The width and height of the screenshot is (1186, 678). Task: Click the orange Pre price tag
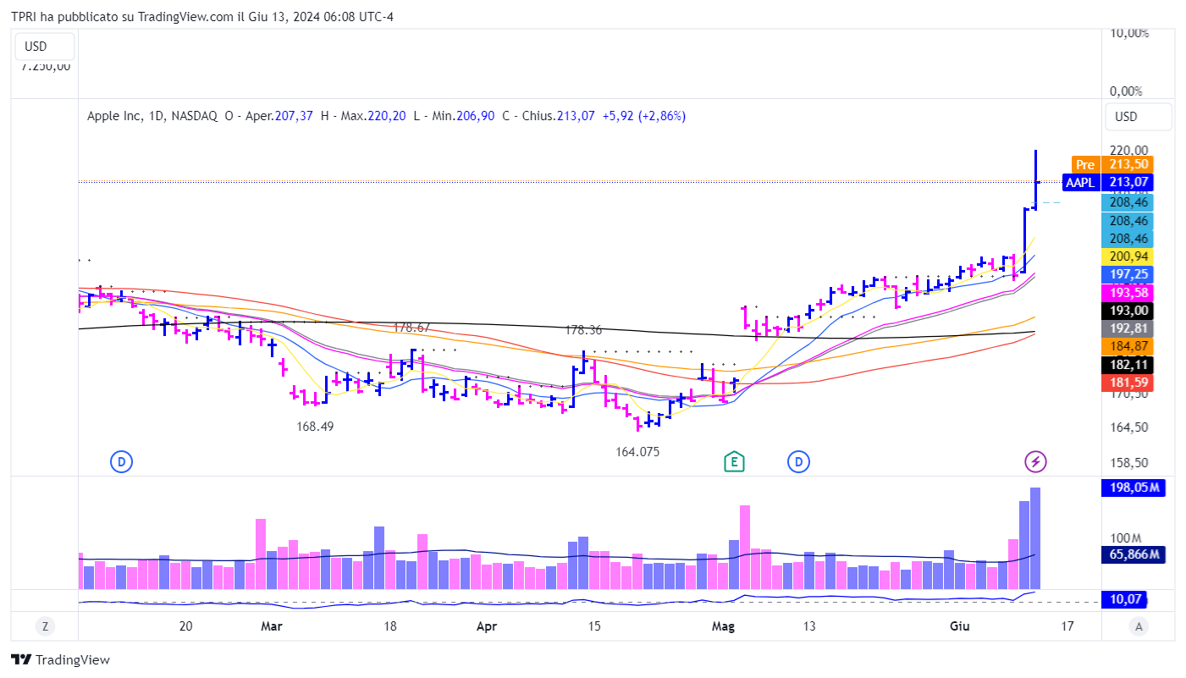point(1084,164)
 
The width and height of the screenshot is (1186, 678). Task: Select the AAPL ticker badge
point(1079,182)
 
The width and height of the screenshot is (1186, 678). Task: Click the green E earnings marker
point(734,461)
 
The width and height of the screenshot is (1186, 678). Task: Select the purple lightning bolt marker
point(1035,461)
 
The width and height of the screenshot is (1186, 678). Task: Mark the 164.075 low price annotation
point(637,452)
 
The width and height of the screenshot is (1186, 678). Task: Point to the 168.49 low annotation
point(315,427)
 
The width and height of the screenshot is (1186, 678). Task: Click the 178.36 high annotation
point(584,330)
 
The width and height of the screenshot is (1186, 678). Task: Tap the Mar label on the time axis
point(271,626)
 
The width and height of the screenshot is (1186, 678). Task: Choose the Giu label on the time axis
point(959,626)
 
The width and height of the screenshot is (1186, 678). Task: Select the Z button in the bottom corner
point(44,626)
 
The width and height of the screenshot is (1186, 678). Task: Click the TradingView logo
point(60,660)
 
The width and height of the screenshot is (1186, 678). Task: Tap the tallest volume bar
point(1035,538)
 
